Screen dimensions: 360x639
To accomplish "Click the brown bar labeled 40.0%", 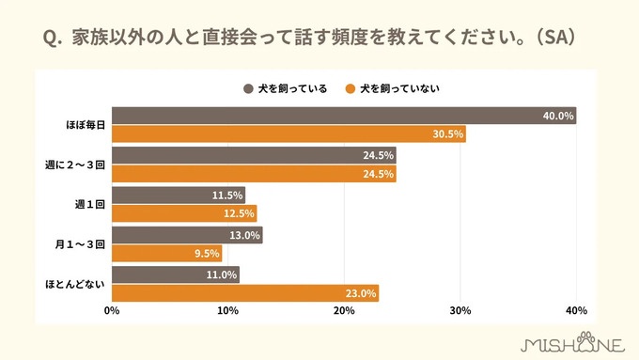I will tap(344, 116).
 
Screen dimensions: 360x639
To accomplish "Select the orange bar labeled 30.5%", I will tap(288, 134).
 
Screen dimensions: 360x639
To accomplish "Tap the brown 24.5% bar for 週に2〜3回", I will tap(254, 155).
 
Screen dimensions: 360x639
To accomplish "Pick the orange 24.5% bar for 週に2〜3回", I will tap(254, 174).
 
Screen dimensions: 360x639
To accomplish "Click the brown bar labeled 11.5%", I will tap(179, 195).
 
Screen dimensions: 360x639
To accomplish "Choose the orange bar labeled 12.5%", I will tap(184, 213).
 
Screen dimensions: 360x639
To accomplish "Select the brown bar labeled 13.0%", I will tap(187, 235).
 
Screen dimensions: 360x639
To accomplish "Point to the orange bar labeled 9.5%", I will tap(167, 253).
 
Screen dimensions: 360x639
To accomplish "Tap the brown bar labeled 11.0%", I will tap(176, 274).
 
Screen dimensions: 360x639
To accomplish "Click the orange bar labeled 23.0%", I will tap(245, 293).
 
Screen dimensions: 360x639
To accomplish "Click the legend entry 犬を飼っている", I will tap(286, 89).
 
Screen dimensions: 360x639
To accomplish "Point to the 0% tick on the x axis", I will tap(112, 311).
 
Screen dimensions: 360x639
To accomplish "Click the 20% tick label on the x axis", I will tap(344, 311).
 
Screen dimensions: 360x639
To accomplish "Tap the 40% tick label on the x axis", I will tap(576, 311).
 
